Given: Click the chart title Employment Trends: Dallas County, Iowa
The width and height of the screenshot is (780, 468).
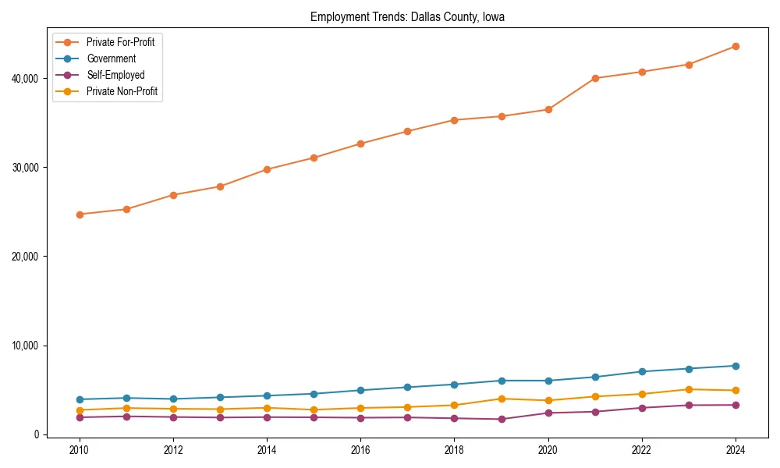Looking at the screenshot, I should [x=407, y=17].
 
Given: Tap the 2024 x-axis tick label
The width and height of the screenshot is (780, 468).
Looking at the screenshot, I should [x=736, y=450].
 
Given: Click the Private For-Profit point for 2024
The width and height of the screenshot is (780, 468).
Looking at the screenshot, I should [x=736, y=47].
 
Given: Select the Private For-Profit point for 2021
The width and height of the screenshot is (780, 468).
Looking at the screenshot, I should [x=595, y=78].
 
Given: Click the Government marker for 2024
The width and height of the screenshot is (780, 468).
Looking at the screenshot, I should [x=736, y=366].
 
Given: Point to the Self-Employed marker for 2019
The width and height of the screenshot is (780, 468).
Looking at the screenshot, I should [x=502, y=420].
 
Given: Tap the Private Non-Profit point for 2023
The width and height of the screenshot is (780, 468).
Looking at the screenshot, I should [x=689, y=389].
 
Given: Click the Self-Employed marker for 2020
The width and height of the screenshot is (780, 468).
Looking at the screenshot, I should [x=548, y=413].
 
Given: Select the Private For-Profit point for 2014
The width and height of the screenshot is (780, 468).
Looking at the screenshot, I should [x=267, y=169].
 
